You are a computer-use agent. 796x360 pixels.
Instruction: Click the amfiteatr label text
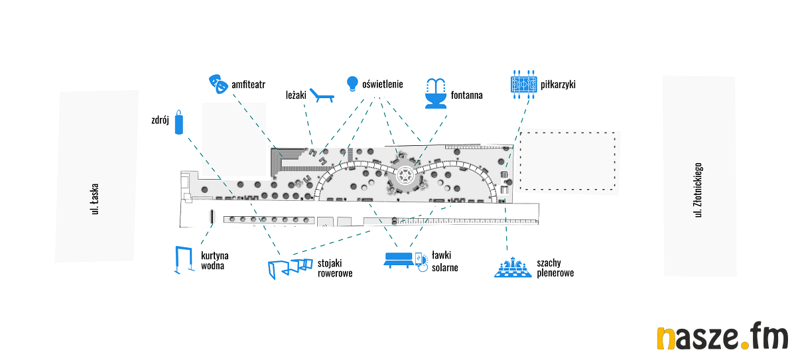tap(249, 85)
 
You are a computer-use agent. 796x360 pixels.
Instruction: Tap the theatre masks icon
tap(217, 83)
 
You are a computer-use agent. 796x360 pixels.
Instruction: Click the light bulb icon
tap(352, 84)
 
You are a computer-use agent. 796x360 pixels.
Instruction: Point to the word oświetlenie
tap(383, 84)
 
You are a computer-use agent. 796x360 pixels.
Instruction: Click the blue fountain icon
tap(435, 93)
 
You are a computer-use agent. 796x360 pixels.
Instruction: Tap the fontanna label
tap(466, 95)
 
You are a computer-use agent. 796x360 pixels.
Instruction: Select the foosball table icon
tap(523, 85)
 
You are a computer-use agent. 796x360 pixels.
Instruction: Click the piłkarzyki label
tap(558, 85)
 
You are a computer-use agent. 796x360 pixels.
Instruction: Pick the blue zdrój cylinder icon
tap(178, 122)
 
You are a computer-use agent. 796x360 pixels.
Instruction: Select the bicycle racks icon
tap(289, 269)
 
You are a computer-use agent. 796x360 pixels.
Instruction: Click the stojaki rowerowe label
tap(335, 268)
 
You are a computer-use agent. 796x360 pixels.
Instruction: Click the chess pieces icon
tap(513, 268)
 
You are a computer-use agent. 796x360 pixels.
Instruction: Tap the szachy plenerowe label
tap(555, 268)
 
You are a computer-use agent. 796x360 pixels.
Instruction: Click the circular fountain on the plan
tap(405, 176)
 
